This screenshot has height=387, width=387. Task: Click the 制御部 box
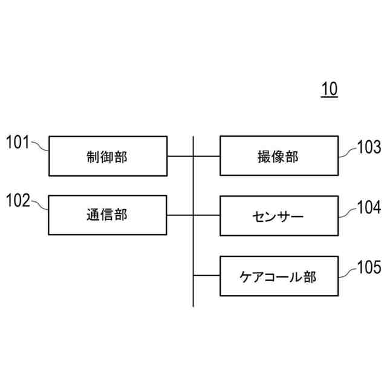107,156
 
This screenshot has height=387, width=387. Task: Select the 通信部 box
107,215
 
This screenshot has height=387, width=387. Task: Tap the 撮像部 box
279,156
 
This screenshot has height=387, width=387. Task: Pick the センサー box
279,215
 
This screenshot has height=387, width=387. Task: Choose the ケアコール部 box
279,276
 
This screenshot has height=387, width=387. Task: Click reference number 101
18,143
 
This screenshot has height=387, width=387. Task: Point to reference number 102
18,201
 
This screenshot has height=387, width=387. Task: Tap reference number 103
369,148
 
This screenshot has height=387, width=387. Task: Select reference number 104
369,208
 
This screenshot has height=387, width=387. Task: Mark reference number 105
369,267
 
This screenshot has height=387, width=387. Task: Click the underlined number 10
330,89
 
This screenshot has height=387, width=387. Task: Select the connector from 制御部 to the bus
180,156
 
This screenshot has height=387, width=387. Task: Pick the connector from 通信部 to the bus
180,215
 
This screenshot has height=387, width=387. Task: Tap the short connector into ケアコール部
207,276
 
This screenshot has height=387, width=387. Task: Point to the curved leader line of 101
39,147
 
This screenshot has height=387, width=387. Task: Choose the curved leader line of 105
348,272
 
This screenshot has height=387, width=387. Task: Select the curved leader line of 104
348,212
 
